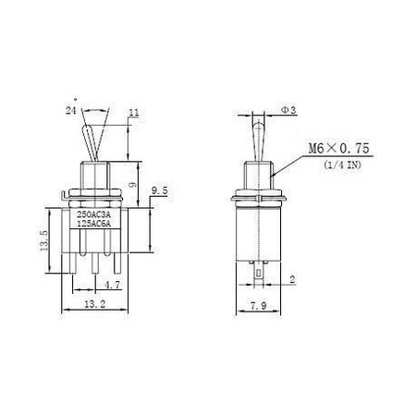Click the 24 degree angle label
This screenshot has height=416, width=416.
click(x=71, y=109)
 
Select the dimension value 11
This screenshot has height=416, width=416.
click(x=134, y=113)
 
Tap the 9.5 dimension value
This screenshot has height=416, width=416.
click(x=159, y=191)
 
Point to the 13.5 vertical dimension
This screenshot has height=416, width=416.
click(x=43, y=240)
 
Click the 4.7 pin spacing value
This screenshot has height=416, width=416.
click(x=112, y=285)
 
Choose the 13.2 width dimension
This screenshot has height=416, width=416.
click(x=95, y=304)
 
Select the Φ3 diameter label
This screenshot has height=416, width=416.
click(x=288, y=110)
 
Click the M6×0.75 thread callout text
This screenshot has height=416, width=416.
click(x=338, y=149)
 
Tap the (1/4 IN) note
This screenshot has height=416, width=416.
click(x=342, y=165)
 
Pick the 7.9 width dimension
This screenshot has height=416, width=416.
click(x=258, y=306)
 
